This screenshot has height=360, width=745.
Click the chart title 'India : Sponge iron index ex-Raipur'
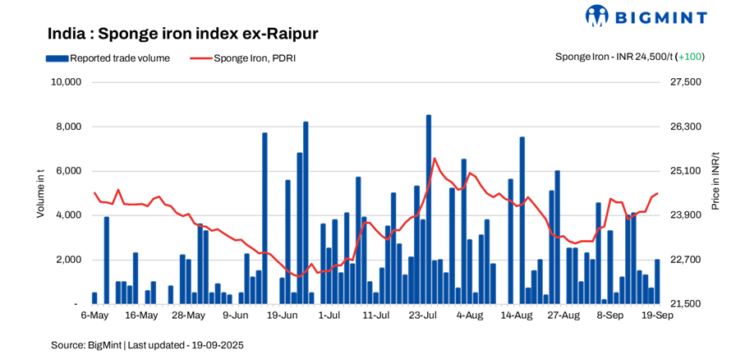tap(182, 34)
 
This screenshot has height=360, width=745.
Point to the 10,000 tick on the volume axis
tap(66, 82)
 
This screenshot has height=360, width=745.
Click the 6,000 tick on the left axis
tap(68, 171)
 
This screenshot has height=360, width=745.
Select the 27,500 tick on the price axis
tap(688, 82)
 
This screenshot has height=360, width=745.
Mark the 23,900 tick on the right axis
tap(688, 215)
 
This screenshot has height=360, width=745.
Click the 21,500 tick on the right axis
tap(688, 304)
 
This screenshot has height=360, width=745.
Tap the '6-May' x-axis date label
tap(94, 315)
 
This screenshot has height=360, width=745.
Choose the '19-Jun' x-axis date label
tap(282, 315)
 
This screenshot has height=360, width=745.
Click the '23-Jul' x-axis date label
tap(422, 315)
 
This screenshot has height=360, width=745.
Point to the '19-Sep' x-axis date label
tap(656, 315)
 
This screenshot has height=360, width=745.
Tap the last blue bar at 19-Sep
tap(657, 281)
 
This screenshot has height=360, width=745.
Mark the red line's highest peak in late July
tap(434, 159)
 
